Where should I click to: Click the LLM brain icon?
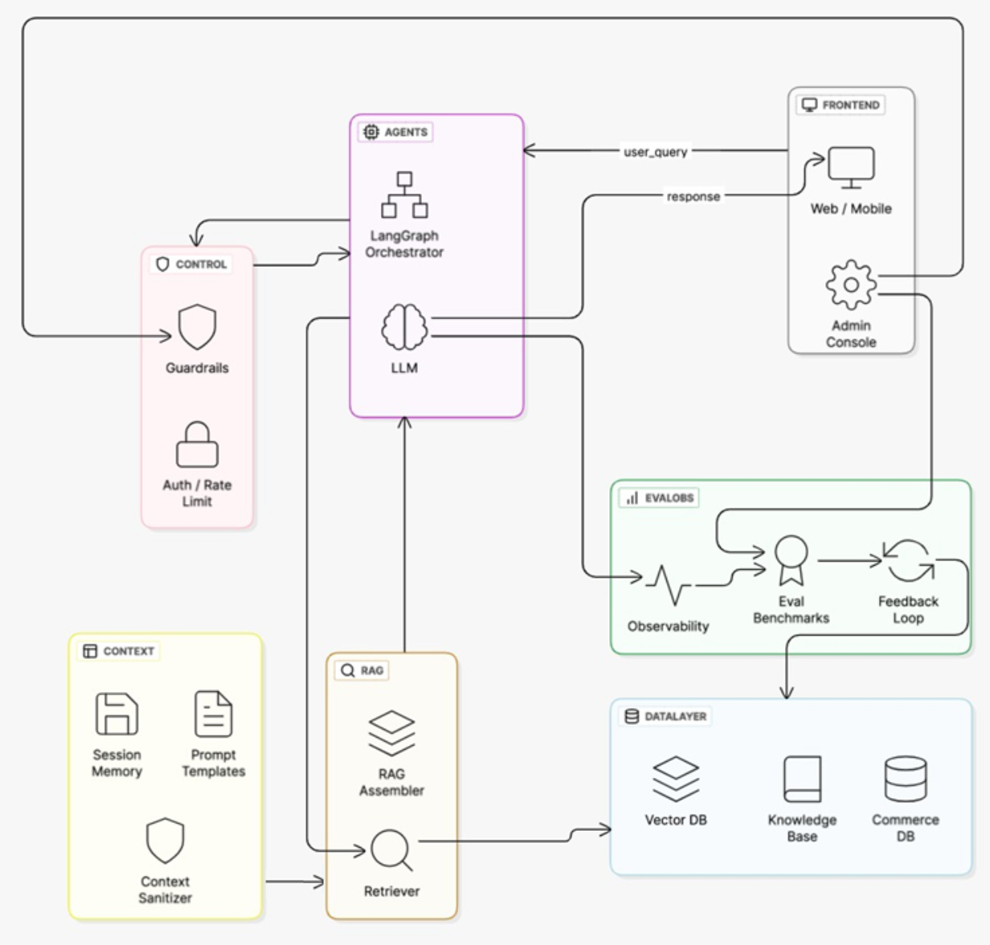[404, 327]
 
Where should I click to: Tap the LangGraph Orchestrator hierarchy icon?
[404, 194]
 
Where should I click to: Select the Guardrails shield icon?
[197, 327]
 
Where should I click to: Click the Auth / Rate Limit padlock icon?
[197, 444]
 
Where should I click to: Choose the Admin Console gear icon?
[851, 284]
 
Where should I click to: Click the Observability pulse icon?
[668, 585]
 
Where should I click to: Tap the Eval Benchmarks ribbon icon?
[791, 560]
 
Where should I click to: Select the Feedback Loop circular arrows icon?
[908, 560]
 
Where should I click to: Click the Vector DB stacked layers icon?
[676, 779]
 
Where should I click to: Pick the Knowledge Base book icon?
[802, 779]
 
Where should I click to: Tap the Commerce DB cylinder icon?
[906, 779]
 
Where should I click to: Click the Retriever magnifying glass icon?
[391, 850]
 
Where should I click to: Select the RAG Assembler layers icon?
[391, 733]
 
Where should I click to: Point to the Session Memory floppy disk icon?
[117, 714]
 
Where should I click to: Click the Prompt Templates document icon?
[214, 714]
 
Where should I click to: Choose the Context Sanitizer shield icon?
[165, 841]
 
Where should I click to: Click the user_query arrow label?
[656, 152]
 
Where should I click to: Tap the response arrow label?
[693, 196]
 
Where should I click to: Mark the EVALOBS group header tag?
[660, 498]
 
